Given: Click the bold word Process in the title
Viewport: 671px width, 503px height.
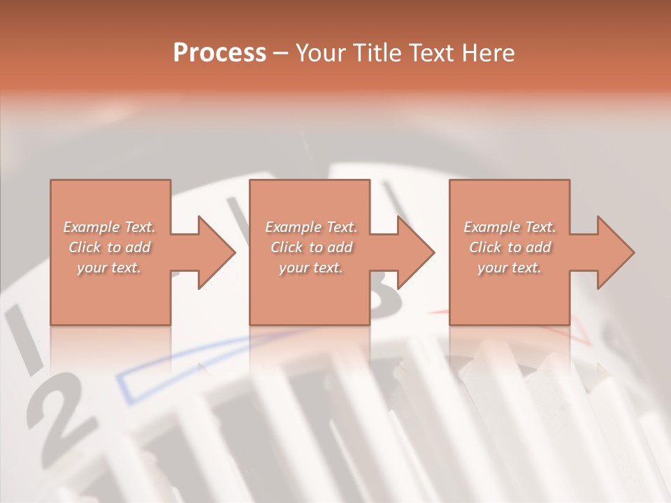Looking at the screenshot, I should point(219,52).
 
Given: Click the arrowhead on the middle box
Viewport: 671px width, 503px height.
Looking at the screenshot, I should point(414,252).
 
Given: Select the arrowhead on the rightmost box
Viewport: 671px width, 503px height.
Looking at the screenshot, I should point(614,252).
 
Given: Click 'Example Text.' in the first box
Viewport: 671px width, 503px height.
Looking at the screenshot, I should point(110,227).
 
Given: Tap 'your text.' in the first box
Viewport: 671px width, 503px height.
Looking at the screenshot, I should point(110,268).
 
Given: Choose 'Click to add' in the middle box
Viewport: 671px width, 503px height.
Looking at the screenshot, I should point(311,247).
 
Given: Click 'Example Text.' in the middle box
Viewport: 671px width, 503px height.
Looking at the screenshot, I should point(311,227).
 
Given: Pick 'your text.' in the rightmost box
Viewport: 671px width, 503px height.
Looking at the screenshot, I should point(510,268).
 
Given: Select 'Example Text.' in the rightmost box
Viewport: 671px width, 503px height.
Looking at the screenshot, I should point(510,227).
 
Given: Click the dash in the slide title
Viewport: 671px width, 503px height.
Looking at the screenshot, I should point(280,53).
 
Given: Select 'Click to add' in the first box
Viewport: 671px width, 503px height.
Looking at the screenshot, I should point(110,247).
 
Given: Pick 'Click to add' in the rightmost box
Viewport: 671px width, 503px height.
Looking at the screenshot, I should point(510,247).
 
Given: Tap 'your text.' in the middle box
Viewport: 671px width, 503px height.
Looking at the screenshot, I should point(311,268).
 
